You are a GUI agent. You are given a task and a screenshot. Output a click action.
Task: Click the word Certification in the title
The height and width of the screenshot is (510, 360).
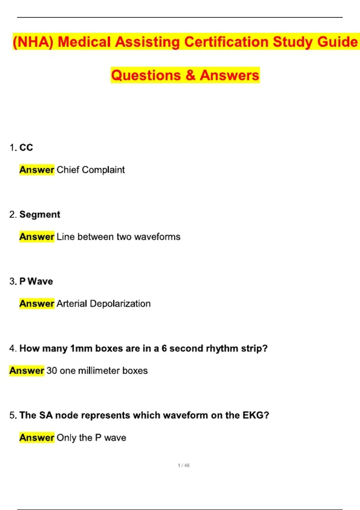pos(226,42)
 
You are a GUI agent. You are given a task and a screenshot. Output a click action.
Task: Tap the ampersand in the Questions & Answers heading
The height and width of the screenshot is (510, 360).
pos(190,75)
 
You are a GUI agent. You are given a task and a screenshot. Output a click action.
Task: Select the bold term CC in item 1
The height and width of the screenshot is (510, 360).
pos(26,147)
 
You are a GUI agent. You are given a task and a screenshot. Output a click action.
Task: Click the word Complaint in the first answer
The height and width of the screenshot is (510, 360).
pos(103,170)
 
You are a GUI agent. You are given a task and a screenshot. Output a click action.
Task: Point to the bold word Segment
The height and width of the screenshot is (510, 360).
pos(40,214)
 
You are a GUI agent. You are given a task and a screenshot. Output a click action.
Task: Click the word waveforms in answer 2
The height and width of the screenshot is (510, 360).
pos(157,237)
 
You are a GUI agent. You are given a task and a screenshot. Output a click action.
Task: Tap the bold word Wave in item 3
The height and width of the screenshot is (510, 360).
pos(40,281)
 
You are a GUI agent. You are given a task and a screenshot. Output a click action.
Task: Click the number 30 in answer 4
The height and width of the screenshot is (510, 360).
pos(52,370)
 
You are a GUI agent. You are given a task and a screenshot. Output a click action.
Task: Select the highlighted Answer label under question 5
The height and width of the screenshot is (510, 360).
pos(37,438)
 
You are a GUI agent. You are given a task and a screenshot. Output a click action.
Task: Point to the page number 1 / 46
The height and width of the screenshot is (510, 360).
pos(184,465)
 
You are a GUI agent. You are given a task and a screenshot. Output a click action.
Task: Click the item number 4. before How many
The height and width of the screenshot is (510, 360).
pos(13,348)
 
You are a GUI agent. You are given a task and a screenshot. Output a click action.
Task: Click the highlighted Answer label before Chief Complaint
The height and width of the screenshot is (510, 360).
pos(37,170)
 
